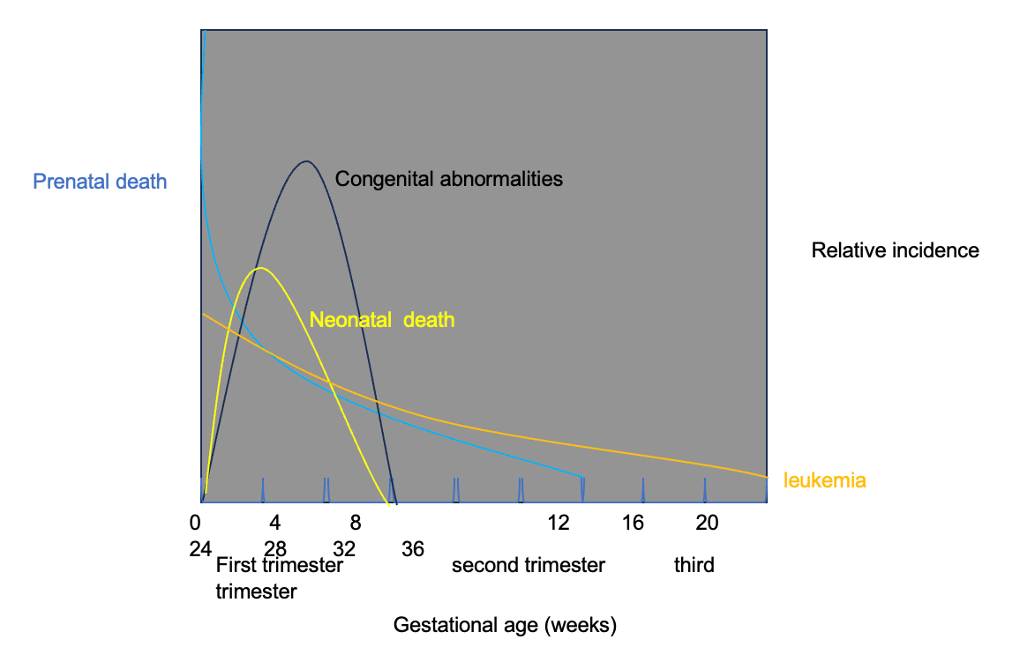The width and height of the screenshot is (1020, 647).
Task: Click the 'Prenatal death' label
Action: pos(100,182)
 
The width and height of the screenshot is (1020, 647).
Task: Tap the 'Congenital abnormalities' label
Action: pos(448,179)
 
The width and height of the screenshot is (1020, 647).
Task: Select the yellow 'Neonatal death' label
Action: pos(381,320)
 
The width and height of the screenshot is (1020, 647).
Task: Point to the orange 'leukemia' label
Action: pos(824,481)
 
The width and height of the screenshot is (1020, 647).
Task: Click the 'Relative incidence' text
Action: pos(895,250)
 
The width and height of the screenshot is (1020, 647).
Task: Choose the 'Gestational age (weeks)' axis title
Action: pos(505,626)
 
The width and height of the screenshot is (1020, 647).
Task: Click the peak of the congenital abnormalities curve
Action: pos(306,161)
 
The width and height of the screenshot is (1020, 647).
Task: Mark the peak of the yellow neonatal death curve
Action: pos(259,268)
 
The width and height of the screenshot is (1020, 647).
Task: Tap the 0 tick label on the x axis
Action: pos(195,523)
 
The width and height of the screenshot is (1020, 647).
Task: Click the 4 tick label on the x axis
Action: pos(274,523)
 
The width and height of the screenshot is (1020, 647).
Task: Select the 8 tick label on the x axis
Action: pos(355,523)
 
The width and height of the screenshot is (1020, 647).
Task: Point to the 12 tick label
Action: pos(558,523)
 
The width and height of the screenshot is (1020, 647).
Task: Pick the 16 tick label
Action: pos(633,523)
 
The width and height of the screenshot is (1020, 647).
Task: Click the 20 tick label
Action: pos(707,523)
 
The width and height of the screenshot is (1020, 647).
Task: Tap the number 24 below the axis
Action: pos(200,549)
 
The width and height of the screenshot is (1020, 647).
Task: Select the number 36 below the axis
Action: pos(413,549)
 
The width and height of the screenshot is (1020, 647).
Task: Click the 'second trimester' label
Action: pos(528,565)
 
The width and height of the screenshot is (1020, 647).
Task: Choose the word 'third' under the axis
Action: pos(694,565)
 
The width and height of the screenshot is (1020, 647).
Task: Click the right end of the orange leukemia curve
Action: pos(766,476)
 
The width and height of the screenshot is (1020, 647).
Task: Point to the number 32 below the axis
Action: pos(343,549)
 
